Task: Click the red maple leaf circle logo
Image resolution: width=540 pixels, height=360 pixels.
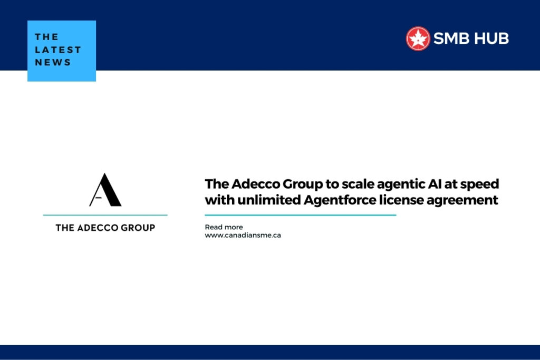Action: pos(418,38)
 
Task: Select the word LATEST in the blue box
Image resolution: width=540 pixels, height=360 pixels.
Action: pos(58,50)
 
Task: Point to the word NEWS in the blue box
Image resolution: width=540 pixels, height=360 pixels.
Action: pos(53,62)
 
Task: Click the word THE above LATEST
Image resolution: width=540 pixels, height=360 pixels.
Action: pos(46,37)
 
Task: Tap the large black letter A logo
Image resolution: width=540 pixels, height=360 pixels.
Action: pos(105,190)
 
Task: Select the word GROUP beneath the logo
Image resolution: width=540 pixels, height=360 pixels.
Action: pos(139,228)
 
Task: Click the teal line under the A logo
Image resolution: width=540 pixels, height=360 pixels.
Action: pos(105,215)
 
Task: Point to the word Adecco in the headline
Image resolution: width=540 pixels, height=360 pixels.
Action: pos(254,184)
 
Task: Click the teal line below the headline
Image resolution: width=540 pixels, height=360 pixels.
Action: pos(300,215)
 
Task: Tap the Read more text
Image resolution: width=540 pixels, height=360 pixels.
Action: pos(224,227)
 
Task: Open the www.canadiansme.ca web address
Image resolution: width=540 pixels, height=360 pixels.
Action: pos(243,235)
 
